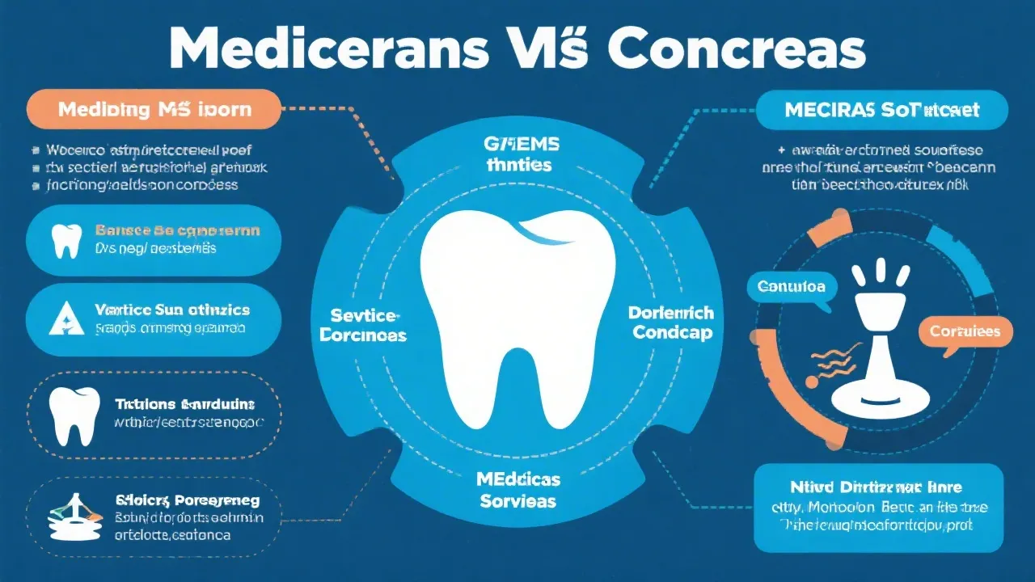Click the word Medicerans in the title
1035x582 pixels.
click(327, 50)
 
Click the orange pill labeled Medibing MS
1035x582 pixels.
click(154, 110)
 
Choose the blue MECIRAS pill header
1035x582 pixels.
click(881, 110)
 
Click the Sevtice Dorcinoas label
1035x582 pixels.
click(363, 325)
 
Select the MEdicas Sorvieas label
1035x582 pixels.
click(518, 490)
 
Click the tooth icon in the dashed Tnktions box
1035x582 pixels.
click(74, 416)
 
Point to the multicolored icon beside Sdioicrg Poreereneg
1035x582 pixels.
click(71, 517)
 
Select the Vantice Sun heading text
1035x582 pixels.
click(172, 310)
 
